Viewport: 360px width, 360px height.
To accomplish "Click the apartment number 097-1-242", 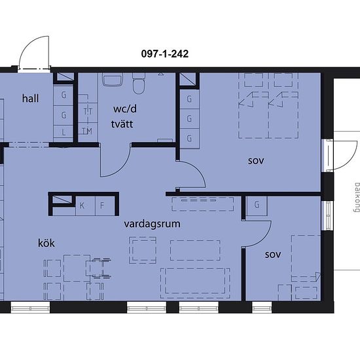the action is [165, 54].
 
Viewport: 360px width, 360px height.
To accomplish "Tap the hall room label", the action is [30, 98].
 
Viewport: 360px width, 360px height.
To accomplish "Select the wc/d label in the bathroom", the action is [125, 109].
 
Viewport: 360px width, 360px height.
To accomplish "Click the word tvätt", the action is [122, 124].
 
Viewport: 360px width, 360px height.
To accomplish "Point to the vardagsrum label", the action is [152, 224].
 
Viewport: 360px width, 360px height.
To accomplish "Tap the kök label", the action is [46, 243].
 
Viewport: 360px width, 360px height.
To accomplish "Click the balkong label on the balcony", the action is [356, 197].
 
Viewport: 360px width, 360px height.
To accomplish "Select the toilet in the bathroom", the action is [139, 83].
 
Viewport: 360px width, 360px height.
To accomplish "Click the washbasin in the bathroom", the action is [113, 79].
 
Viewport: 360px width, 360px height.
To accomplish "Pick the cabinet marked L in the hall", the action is [63, 132].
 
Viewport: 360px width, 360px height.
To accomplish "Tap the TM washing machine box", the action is [88, 132].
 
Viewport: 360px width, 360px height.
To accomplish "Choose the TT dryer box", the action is [88, 113].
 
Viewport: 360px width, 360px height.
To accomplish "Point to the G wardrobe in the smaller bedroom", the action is [257, 206].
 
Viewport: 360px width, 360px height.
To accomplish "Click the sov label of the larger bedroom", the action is [256, 161].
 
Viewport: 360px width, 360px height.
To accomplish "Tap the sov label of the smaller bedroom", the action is [273, 255].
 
